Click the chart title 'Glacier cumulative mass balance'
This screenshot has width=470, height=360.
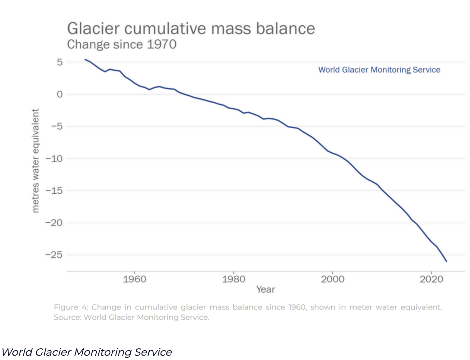pos(191,29)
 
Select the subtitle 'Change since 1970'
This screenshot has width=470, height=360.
pos(122,45)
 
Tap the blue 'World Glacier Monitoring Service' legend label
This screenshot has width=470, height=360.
pos(379,70)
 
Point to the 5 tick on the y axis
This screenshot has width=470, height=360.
pos(60,62)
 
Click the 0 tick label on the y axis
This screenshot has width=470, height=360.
pos(60,94)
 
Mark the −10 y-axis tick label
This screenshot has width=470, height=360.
pos(54,159)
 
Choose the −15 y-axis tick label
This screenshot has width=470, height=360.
pos(54,191)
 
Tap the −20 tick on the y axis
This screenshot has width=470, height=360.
pos(54,223)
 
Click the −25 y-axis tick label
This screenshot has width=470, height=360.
pos(54,255)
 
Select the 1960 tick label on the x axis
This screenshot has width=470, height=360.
pos(134,279)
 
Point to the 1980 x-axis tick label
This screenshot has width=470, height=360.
pos(233,279)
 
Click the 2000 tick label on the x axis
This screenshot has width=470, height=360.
pos(333,279)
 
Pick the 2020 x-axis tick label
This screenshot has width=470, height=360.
pos(432,279)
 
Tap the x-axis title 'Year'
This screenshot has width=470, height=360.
pos(266,290)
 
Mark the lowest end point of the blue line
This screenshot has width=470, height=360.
pos(446,261)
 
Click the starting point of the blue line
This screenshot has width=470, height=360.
pos(85,59)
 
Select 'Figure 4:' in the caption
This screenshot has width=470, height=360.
pos(71,307)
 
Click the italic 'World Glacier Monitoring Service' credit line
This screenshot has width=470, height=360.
pos(87,352)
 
